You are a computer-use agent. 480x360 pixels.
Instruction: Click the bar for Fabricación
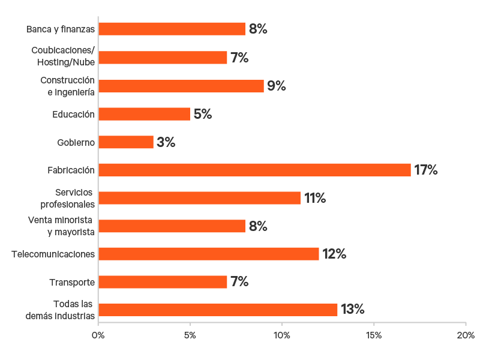[254, 170]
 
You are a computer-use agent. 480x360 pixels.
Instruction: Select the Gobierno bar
[126, 142]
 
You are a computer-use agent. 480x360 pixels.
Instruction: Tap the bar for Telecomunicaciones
[209, 254]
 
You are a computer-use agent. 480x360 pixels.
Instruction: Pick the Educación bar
[144, 114]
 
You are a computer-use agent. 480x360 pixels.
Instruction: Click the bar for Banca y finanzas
[172, 29]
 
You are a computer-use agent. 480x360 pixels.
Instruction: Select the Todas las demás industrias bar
[218, 310]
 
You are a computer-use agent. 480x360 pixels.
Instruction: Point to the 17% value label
[426, 170]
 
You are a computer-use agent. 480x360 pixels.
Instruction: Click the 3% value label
[166, 142]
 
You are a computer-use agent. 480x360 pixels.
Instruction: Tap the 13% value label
[353, 310]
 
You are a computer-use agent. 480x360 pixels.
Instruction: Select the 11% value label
[315, 198]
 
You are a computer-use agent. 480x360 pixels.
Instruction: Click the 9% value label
[277, 86]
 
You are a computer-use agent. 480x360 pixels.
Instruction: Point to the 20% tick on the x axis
[466, 334]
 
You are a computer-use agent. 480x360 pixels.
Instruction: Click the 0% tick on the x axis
[98, 334]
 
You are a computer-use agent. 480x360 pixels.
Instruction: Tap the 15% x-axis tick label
[373, 334]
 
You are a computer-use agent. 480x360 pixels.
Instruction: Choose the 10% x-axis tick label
[282, 334]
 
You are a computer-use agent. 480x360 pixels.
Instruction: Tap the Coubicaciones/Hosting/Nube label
[63, 58]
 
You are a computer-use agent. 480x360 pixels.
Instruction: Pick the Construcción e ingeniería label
[67, 86]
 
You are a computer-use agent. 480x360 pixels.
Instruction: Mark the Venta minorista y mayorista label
[61, 226]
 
